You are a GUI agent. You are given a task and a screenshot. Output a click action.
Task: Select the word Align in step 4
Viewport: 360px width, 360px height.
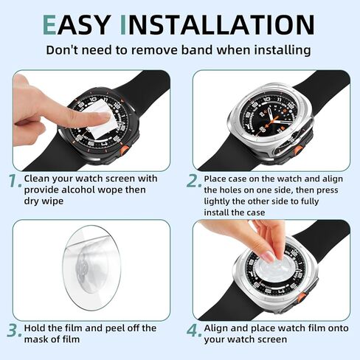pyautogui.click(x=219, y=328)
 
